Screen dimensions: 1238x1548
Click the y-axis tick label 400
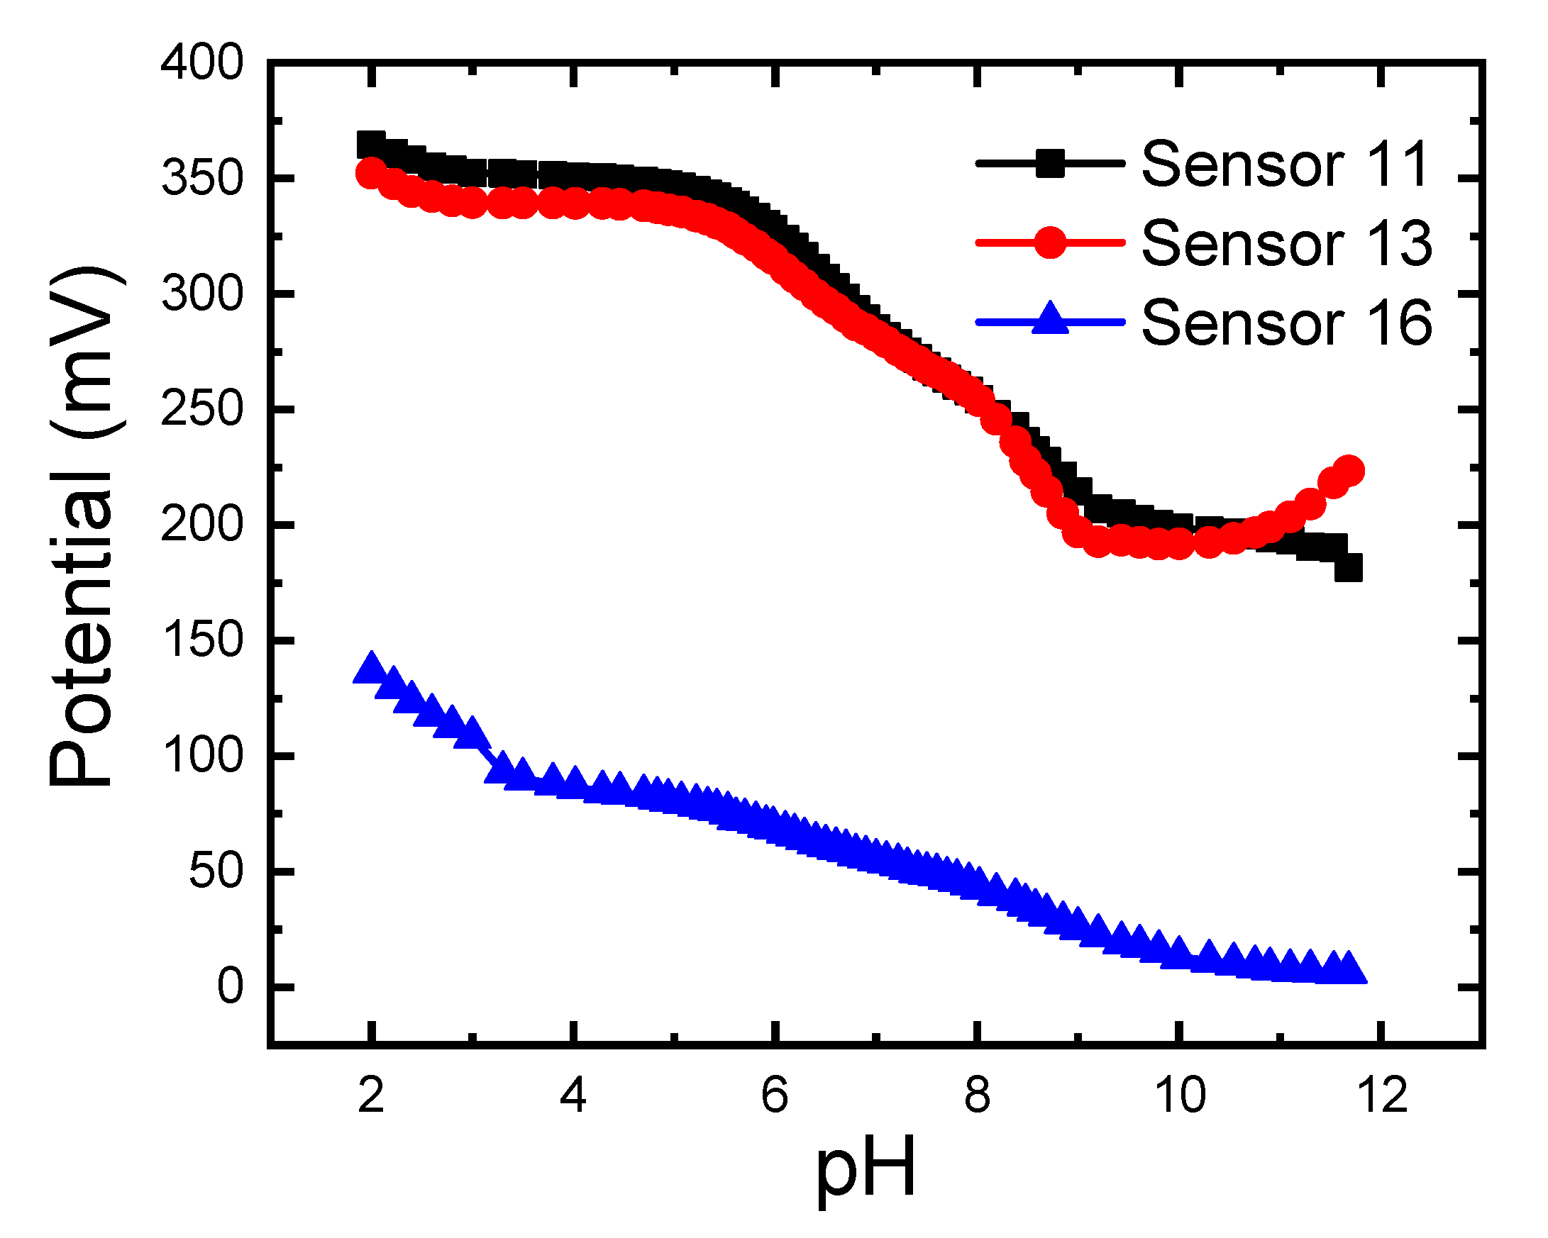201,62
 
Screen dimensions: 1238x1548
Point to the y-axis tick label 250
201,410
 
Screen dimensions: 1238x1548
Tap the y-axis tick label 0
231,988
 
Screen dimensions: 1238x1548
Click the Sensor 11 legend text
1286,164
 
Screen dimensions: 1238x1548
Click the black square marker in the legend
1050,164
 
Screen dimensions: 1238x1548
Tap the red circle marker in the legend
1050,242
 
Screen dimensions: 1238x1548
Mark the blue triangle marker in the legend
1050,320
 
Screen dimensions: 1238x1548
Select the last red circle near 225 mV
1349,471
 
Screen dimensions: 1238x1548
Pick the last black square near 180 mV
1349,569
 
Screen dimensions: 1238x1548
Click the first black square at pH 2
370,145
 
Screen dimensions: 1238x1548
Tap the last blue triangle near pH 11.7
1349,969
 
